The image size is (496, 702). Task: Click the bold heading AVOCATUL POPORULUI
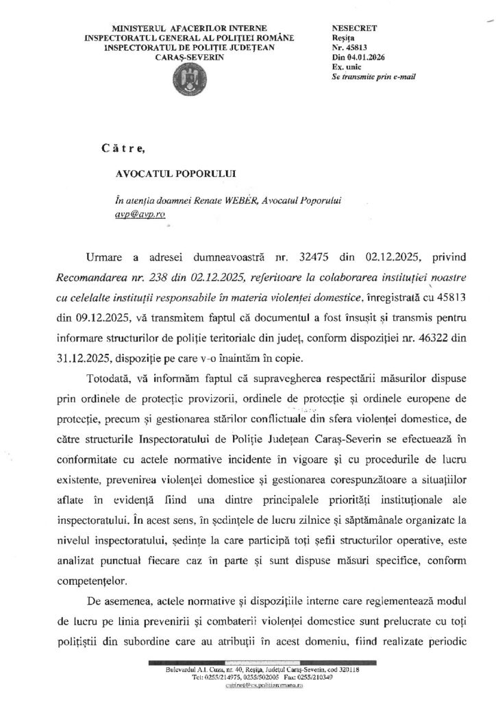[x=167, y=174]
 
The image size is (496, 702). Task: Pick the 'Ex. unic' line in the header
[x=345, y=68]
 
